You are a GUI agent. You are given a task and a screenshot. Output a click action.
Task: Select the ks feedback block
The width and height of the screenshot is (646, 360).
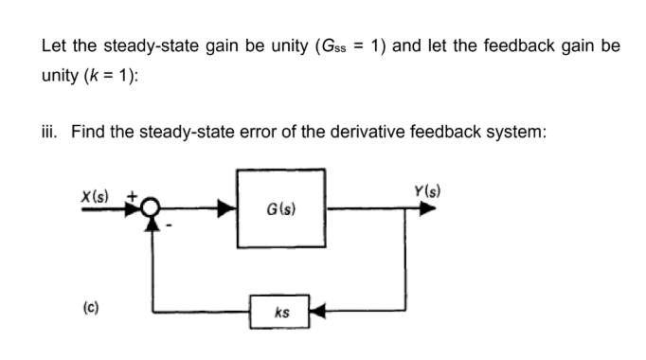281,311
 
